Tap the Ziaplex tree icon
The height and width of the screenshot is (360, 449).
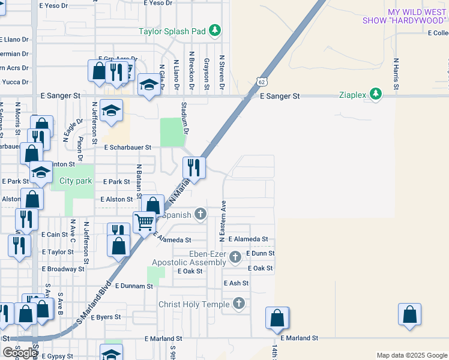376,94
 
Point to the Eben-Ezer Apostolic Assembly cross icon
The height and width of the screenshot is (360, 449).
235,258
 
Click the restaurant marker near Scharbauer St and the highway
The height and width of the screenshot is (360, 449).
193,167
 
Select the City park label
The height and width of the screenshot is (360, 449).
76,181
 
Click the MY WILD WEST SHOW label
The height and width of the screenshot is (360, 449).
405,16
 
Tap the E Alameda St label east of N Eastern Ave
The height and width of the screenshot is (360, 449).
247,239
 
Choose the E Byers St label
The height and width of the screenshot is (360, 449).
106,317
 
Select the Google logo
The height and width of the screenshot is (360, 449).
20,353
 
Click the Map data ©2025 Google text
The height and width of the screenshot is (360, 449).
411,355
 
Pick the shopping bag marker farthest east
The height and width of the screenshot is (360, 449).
409,314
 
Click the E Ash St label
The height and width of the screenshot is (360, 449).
236,283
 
